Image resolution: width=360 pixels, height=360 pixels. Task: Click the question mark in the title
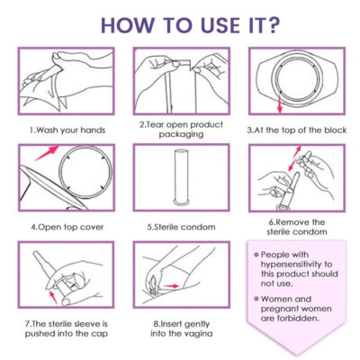271,25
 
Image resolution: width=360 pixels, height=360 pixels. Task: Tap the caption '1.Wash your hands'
67,130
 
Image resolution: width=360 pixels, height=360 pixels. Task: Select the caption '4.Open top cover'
67,227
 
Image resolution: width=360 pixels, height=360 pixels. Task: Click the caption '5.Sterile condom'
181,227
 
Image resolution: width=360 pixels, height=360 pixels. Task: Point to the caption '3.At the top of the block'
297,130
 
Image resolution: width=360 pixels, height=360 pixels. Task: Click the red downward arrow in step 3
280,103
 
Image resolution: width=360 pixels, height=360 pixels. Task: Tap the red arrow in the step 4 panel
47,153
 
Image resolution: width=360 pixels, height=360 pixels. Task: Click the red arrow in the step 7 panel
53,296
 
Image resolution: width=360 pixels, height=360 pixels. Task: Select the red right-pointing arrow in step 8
172,286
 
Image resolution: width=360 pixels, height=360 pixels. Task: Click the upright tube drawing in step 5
182,178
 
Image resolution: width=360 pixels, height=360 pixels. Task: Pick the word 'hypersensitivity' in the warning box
296,265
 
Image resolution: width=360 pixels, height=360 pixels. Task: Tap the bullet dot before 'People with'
256,255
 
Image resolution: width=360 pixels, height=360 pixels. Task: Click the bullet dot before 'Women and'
256,299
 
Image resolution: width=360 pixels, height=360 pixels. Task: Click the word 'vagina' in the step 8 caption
197,334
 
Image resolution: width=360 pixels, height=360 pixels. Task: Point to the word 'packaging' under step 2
181,134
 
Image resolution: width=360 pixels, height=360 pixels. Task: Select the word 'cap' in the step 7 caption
101,334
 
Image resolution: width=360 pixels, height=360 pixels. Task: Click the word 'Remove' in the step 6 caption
292,222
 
